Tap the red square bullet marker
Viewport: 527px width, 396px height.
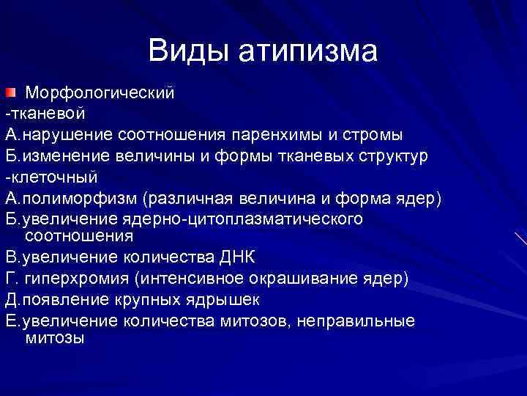click(10, 93)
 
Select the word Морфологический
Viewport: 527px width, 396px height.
click(100, 94)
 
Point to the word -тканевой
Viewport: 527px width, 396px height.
click(45, 114)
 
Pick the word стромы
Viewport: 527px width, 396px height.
click(375, 136)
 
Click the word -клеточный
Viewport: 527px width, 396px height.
click(51, 178)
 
